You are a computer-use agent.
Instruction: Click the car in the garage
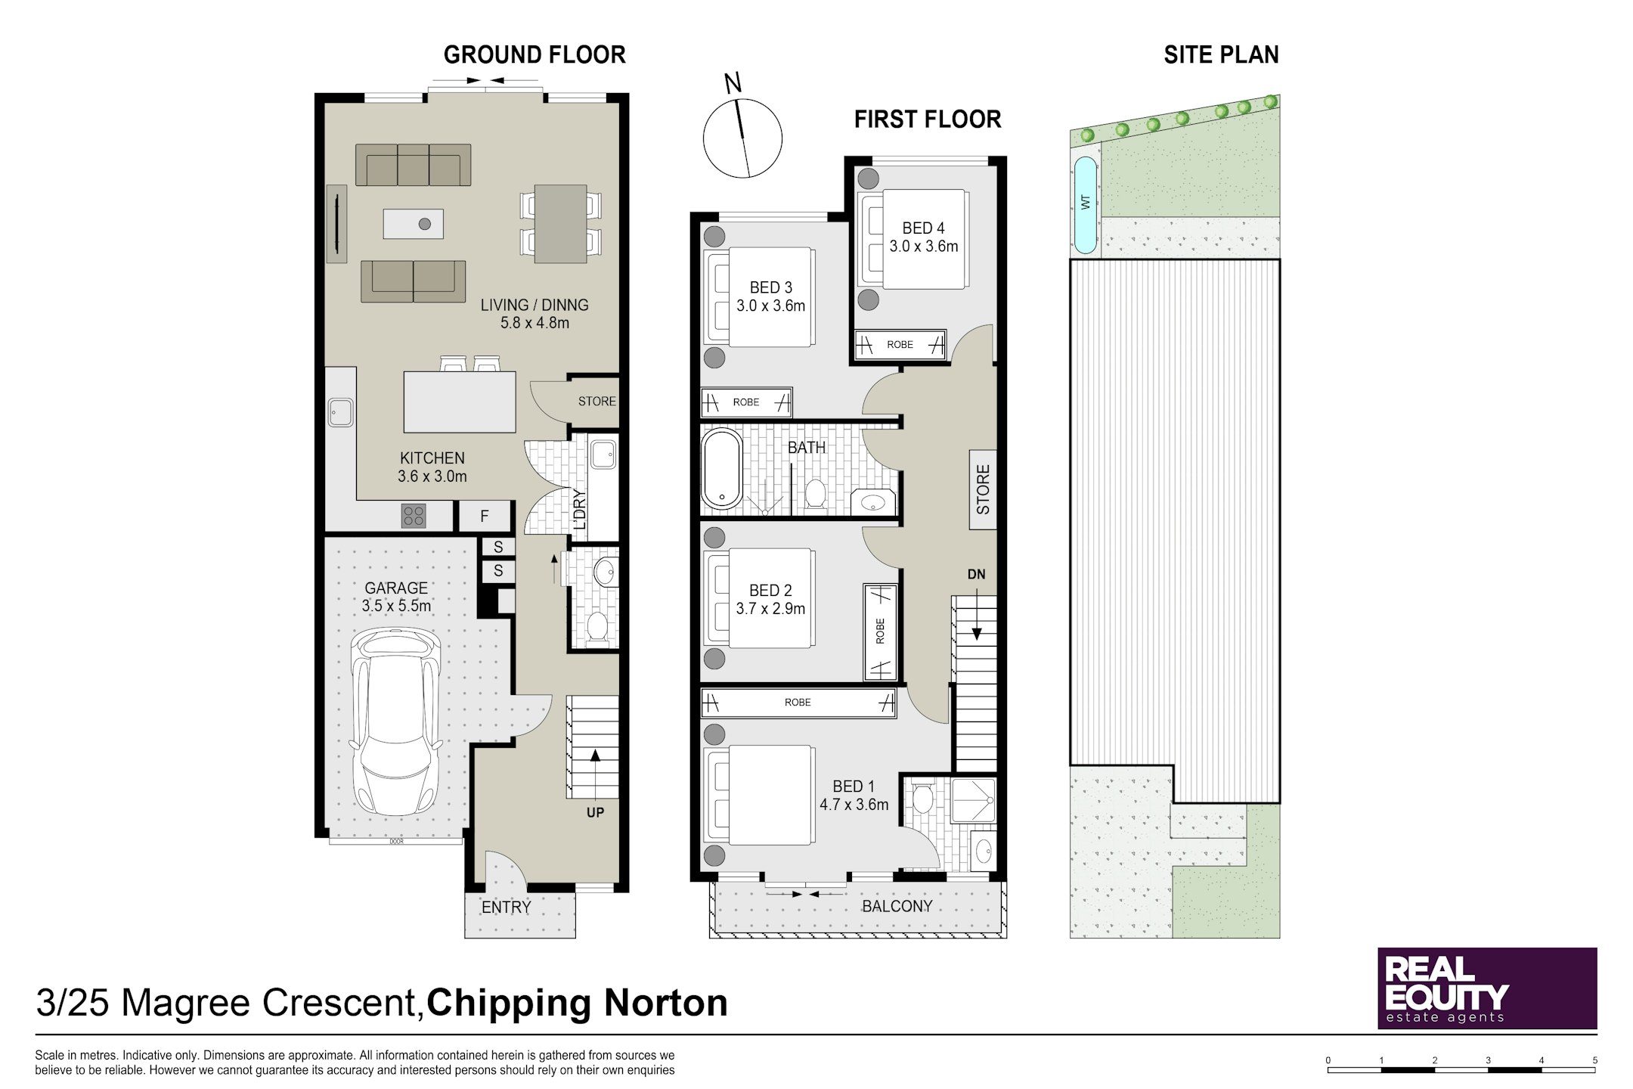click(x=396, y=722)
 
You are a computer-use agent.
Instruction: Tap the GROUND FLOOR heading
click(x=535, y=54)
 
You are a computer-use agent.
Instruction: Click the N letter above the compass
click(x=733, y=83)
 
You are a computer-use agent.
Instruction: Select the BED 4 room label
click(x=923, y=228)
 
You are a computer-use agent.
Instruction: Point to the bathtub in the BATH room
click(x=723, y=469)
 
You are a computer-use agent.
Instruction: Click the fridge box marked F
click(x=485, y=517)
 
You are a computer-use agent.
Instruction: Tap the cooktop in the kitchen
click(x=414, y=516)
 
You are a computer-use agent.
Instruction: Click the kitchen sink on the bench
click(x=341, y=413)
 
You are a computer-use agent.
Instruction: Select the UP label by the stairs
click(x=595, y=813)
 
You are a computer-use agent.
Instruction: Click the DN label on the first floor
click(x=976, y=575)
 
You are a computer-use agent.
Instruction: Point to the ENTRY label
click(x=506, y=907)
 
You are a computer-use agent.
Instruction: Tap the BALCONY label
click(x=897, y=906)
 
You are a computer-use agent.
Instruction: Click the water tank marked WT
click(x=1085, y=205)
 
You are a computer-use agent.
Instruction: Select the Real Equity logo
click(x=1487, y=988)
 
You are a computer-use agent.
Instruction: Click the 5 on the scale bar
click(x=1594, y=1060)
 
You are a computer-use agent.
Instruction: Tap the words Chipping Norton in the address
click(x=577, y=1003)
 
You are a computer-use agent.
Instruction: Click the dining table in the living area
click(x=560, y=224)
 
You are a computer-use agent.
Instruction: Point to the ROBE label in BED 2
click(x=880, y=631)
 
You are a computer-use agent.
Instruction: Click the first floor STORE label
click(x=983, y=490)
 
